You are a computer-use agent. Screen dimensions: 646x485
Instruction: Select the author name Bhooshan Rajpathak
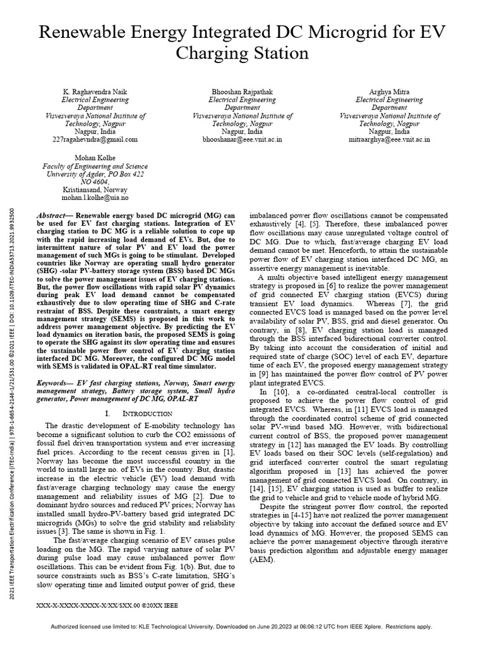point(242,91)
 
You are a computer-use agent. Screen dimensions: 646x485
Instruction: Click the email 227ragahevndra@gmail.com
point(95,139)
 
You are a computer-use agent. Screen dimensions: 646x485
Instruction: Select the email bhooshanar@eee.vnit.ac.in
point(242,139)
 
